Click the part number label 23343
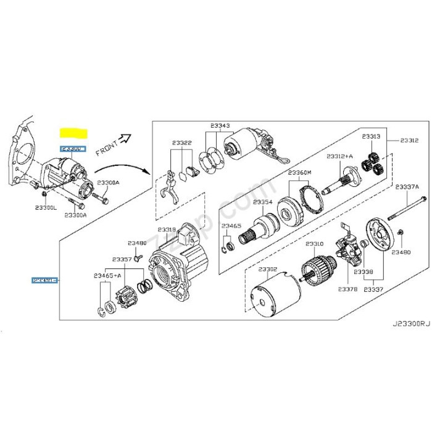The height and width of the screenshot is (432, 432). (220, 126)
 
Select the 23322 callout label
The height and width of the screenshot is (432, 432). (182, 143)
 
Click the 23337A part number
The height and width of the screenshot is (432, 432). (407, 186)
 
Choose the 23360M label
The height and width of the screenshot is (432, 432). (301, 172)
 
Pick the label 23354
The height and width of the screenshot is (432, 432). (261, 202)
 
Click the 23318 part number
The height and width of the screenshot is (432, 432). (167, 230)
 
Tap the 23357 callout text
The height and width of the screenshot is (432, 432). (122, 260)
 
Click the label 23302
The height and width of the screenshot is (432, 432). (268, 270)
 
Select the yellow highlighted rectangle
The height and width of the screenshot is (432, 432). (73, 133)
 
